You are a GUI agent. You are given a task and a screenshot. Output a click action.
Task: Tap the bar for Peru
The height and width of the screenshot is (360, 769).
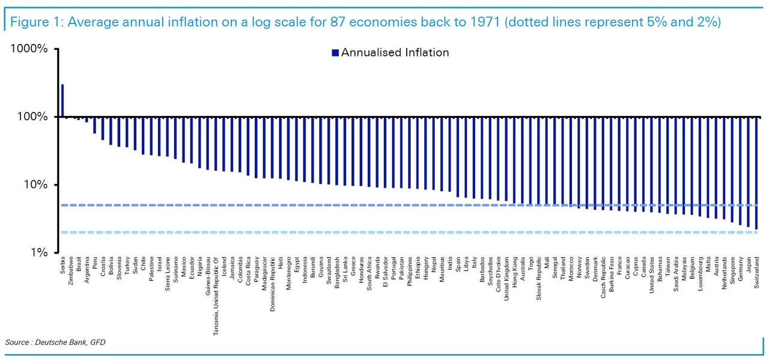click(95, 125)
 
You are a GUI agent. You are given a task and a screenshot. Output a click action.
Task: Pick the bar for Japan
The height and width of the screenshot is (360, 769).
click(748, 171)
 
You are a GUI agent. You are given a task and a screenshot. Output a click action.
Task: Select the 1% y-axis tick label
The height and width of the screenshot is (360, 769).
click(38, 252)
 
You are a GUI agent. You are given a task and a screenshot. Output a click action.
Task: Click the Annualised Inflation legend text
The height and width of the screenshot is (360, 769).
click(395, 52)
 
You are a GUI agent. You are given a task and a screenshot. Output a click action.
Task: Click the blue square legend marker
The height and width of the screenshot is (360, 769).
click(335, 53)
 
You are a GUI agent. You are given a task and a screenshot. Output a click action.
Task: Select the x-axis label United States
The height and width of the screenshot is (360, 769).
click(651, 277)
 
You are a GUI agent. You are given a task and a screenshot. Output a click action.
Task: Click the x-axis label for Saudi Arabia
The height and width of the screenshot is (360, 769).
click(676, 275)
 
